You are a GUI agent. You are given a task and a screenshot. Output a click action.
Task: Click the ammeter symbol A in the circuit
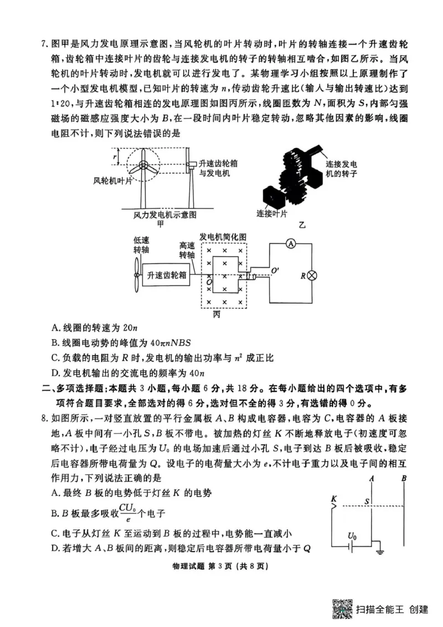click(290, 244)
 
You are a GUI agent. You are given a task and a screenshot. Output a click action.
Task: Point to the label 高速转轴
click(187, 250)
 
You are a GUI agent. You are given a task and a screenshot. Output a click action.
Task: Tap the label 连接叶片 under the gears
click(271, 213)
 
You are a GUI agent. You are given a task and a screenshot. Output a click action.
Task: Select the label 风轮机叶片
click(114, 181)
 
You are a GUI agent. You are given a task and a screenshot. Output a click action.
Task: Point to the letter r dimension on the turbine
click(115, 157)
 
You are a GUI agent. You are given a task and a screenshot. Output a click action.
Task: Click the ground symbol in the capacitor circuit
click(380, 552)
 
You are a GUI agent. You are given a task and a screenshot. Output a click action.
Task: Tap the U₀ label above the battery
click(352, 536)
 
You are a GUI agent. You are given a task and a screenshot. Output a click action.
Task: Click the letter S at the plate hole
click(366, 501)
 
